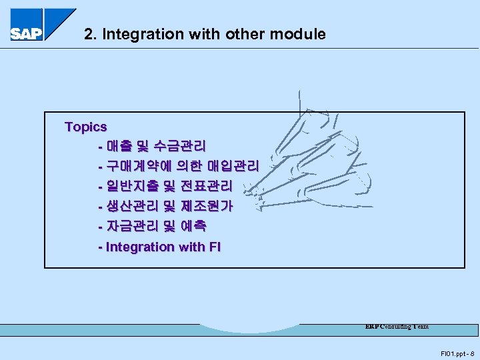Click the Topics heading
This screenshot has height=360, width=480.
click(85, 127)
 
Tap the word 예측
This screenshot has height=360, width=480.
click(193, 227)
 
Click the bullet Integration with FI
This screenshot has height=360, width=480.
click(159, 247)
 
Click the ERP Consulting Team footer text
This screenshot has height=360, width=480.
click(397, 327)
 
